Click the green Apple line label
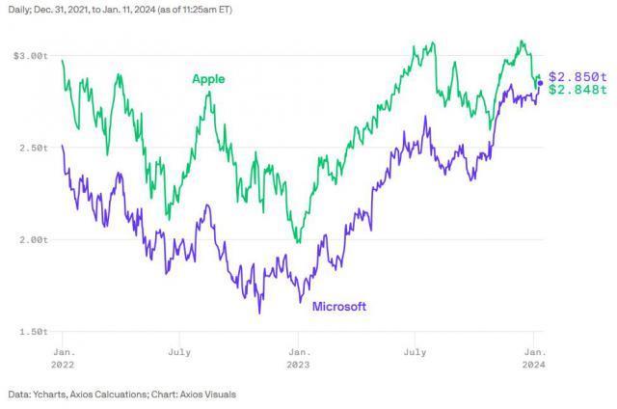coord(208,79)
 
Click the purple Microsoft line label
coord(338,307)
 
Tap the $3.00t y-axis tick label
coord(30,56)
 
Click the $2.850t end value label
coord(577,76)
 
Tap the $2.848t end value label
coord(577,90)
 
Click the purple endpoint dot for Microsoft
coord(540,84)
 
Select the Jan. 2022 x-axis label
coord(62,359)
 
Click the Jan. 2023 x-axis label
coord(298,359)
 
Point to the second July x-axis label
coord(416,353)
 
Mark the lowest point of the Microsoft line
coord(259,313)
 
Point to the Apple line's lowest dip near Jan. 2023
coord(298,242)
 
